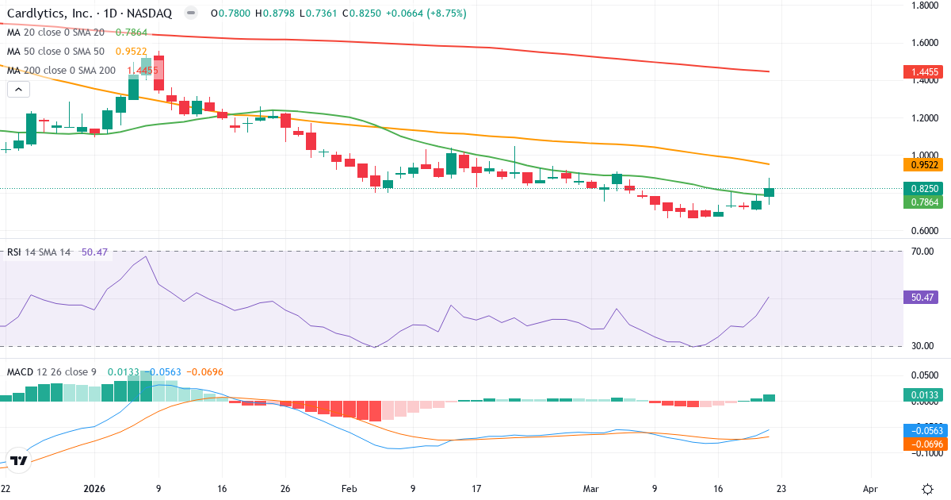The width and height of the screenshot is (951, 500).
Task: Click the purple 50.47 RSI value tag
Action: pos(921,298)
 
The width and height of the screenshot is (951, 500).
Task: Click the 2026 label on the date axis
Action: pos(95,490)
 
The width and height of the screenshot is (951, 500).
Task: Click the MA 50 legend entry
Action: pos(55,52)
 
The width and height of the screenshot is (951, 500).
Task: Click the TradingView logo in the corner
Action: pos(19,460)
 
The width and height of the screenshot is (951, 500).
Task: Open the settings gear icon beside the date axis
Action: pos(927,489)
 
